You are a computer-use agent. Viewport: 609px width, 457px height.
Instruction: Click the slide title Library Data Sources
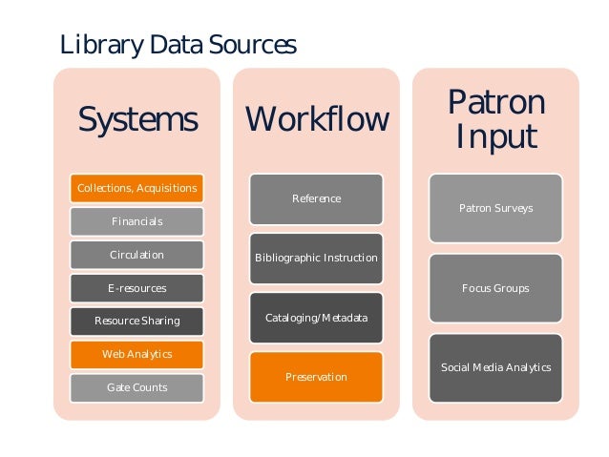pyautogui.click(x=178, y=45)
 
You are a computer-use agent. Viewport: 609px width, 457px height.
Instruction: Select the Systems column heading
pyautogui.click(x=137, y=120)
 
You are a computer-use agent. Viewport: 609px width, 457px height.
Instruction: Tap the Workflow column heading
pyautogui.click(x=317, y=120)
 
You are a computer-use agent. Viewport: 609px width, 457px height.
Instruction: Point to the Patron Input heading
pyautogui.click(x=496, y=118)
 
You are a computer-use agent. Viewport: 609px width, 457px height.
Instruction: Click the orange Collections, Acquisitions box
pyautogui.click(x=137, y=188)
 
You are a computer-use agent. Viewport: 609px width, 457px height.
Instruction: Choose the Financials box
pyautogui.click(x=137, y=221)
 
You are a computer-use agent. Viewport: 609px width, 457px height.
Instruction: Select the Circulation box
pyautogui.click(x=137, y=255)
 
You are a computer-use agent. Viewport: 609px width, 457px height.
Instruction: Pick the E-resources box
pyautogui.click(x=137, y=288)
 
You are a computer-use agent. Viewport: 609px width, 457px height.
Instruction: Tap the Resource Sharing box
pyautogui.click(x=137, y=322)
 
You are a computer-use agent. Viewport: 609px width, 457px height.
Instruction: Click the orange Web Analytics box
pyautogui.click(x=137, y=354)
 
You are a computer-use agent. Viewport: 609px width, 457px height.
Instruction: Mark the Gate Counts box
pyautogui.click(x=137, y=387)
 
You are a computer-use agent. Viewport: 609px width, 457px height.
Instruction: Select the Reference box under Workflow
pyautogui.click(x=317, y=198)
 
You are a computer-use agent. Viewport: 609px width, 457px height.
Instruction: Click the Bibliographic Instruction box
pyautogui.click(x=317, y=258)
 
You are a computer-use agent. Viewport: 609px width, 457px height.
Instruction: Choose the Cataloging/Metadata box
pyautogui.click(x=317, y=318)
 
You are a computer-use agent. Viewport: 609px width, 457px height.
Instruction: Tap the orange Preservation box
pyautogui.click(x=317, y=377)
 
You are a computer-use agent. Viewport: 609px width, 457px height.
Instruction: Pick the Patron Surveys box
pyautogui.click(x=495, y=208)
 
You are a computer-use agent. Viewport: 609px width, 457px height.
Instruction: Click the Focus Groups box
pyautogui.click(x=495, y=288)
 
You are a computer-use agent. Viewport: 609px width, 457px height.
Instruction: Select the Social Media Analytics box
pyautogui.click(x=495, y=367)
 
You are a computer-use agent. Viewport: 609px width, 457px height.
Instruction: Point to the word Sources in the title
pyautogui.click(x=254, y=45)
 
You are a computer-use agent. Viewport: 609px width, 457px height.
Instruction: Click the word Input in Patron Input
pyautogui.click(x=496, y=135)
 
